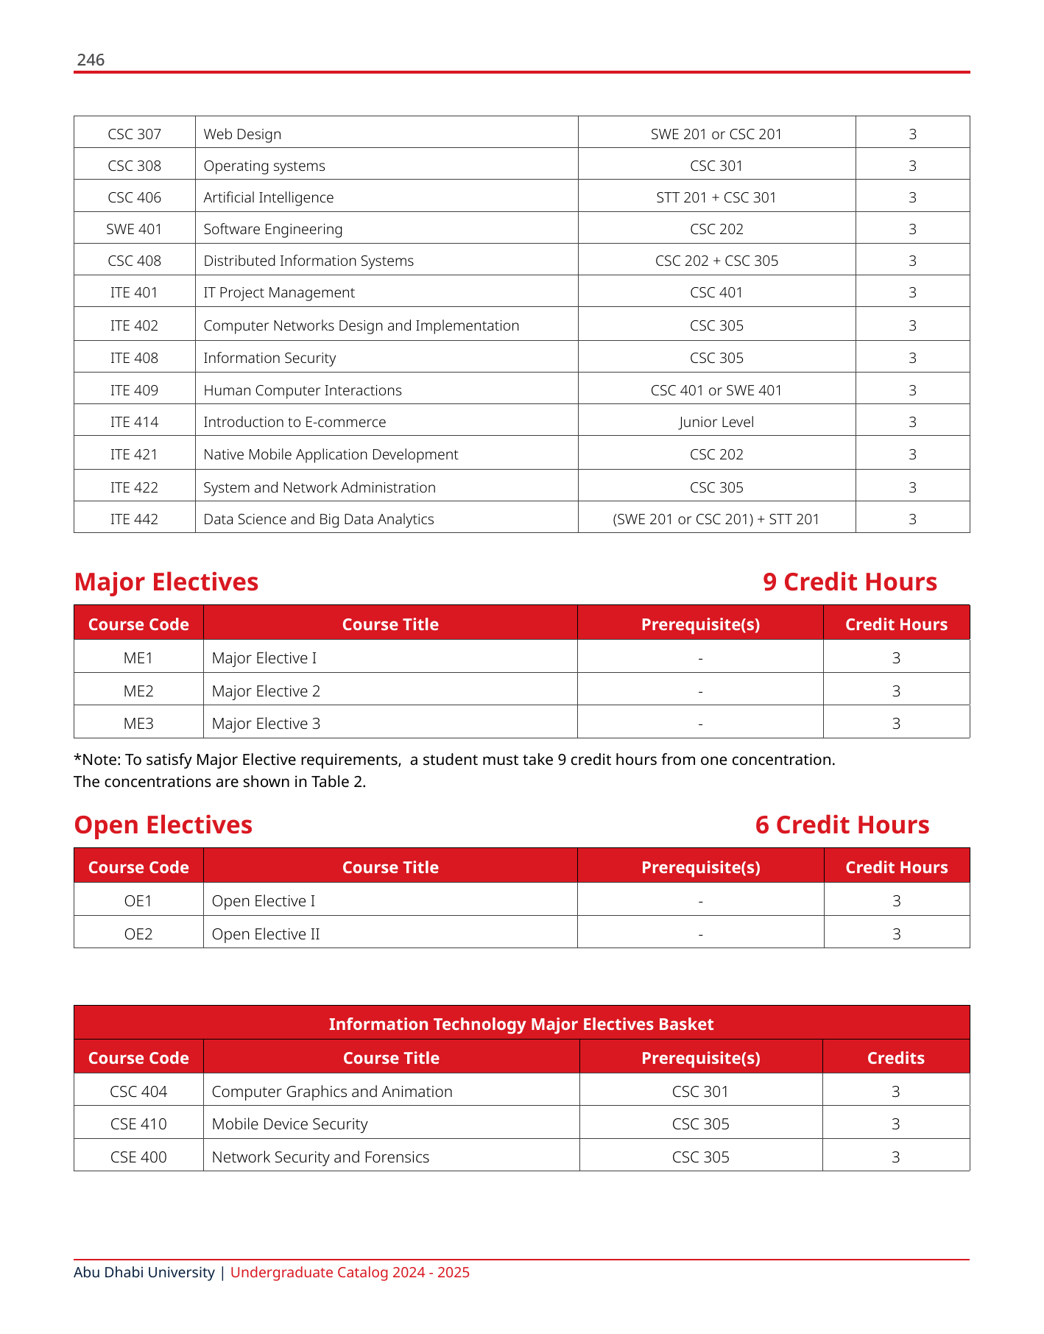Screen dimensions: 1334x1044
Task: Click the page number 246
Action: click(x=91, y=60)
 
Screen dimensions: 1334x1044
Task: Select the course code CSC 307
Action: click(x=134, y=134)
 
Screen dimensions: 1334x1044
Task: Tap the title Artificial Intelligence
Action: click(x=268, y=197)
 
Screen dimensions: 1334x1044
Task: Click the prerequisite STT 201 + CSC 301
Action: click(x=716, y=197)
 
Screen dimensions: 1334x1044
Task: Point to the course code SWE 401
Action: click(x=134, y=229)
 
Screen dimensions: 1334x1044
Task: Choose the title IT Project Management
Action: click(x=278, y=292)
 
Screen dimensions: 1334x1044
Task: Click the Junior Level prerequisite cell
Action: click(x=716, y=422)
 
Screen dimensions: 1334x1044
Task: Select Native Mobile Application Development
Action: click(x=331, y=454)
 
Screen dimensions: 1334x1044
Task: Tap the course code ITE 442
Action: click(x=134, y=519)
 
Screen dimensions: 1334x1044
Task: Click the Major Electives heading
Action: click(x=166, y=582)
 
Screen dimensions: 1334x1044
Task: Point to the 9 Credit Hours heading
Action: click(x=850, y=582)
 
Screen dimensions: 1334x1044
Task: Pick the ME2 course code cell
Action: click(x=138, y=691)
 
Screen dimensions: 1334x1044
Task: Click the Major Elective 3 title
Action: click(x=266, y=723)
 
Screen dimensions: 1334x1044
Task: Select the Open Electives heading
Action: click(x=163, y=825)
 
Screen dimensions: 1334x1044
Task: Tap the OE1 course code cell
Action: click(x=138, y=900)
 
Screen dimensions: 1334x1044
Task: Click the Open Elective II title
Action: click(x=266, y=934)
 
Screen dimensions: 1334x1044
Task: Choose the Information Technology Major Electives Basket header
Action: click(x=521, y=1024)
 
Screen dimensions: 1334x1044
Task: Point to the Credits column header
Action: click(x=895, y=1058)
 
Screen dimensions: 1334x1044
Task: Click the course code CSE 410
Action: click(x=138, y=1123)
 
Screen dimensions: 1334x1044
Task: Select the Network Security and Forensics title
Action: click(x=320, y=1157)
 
